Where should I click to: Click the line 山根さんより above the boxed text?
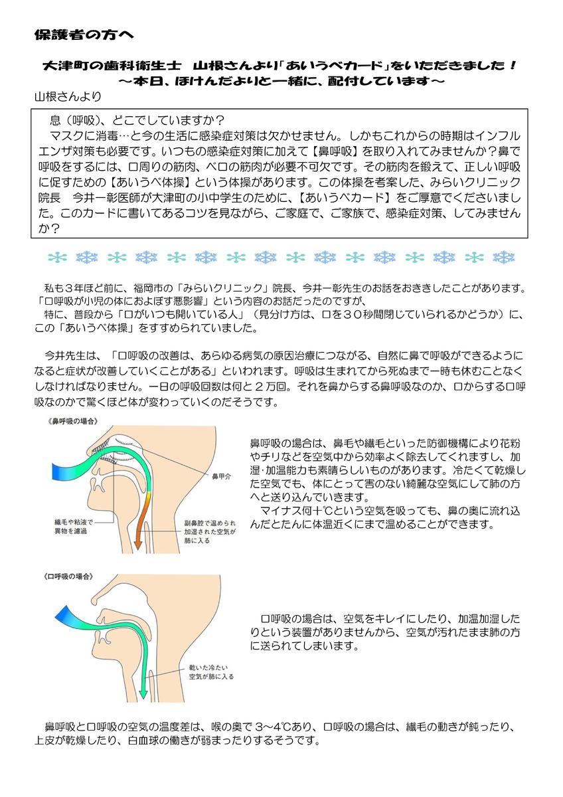tap(68, 96)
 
